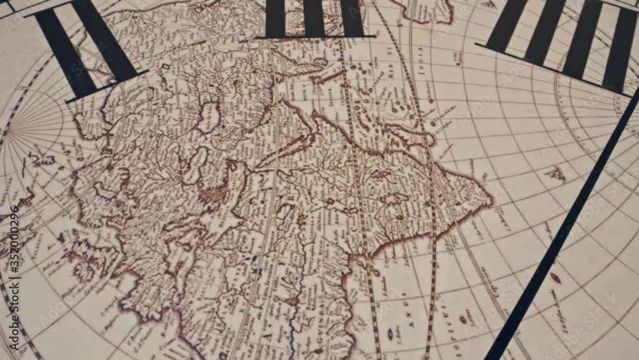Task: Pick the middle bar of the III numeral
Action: pos(313,17)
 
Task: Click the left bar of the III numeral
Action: pos(275,18)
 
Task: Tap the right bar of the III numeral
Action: pos(351,17)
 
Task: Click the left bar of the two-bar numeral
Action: pos(64,51)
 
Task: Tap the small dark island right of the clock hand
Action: pos(555,278)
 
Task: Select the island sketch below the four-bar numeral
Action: pos(556,173)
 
